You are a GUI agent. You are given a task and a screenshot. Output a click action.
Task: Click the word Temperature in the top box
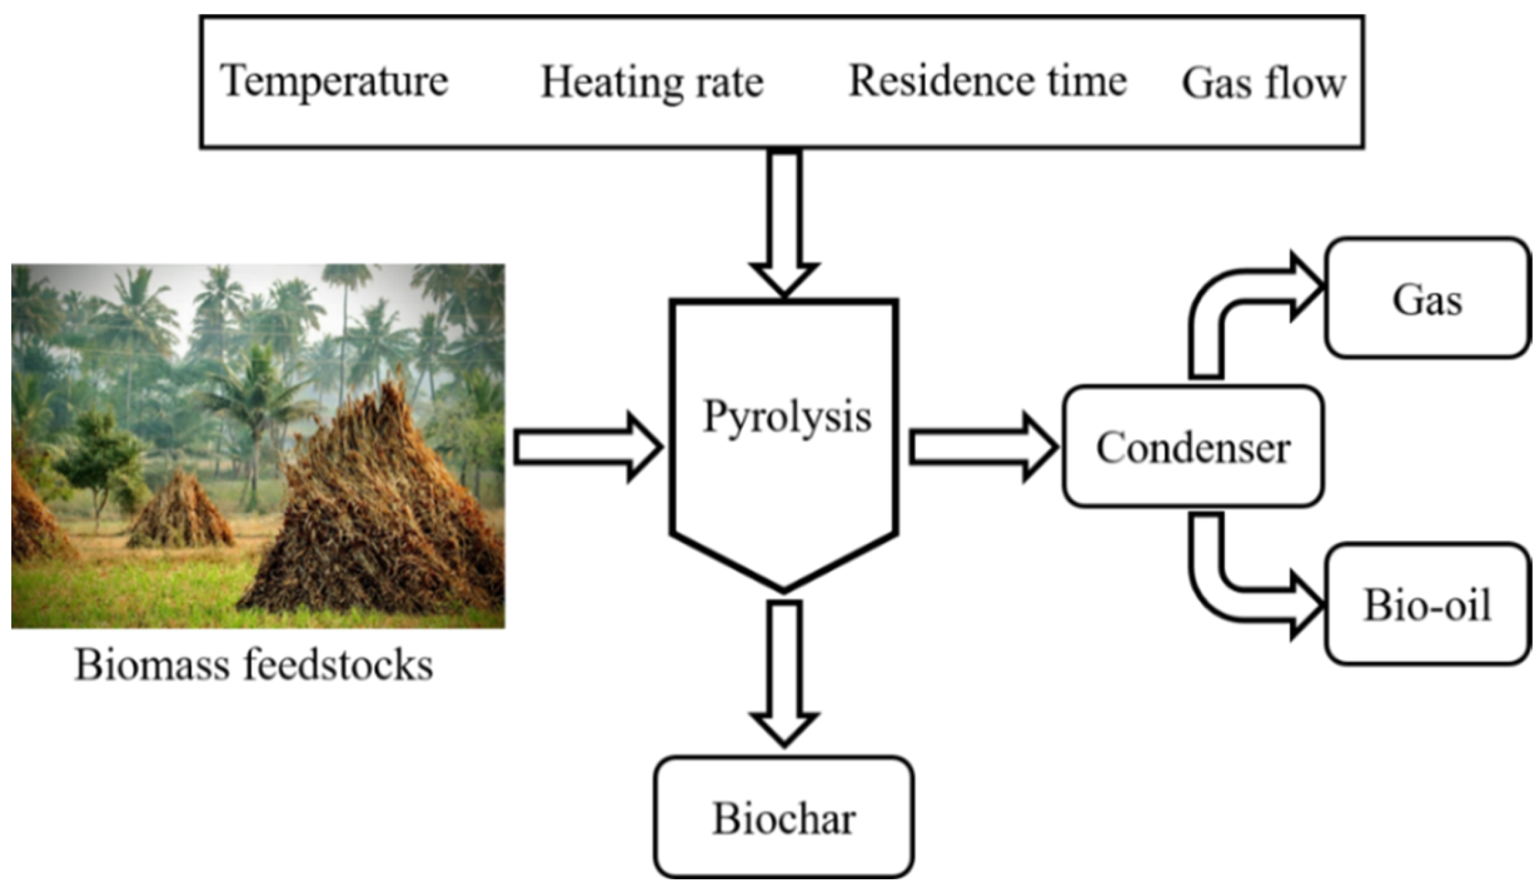[334, 82]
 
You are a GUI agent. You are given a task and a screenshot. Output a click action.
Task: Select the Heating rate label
[652, 83]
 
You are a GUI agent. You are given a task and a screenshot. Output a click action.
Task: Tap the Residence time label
[988, 82]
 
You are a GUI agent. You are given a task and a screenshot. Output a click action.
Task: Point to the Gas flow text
[1264, 84]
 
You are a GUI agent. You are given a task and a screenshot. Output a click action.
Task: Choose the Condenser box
[1192, 447]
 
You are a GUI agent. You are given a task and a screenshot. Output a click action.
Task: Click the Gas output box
[1426, 299]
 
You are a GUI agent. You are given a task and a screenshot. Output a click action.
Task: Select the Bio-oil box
[1426, 605]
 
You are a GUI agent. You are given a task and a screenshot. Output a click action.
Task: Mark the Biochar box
[784, 818]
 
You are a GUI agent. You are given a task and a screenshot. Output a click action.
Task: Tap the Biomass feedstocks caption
[254, 664]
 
